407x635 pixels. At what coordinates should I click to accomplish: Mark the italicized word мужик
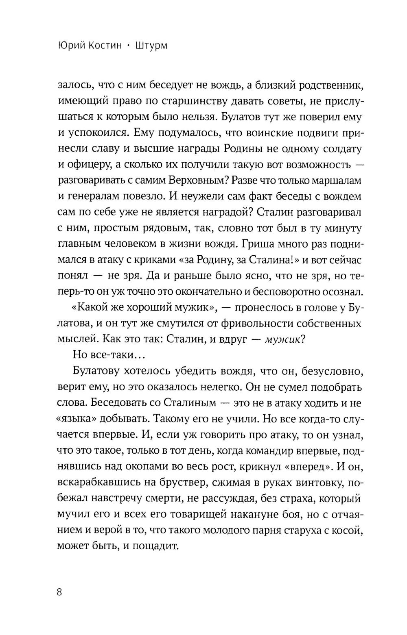(282, 339)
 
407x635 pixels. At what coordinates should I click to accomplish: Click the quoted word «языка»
(76, 418)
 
